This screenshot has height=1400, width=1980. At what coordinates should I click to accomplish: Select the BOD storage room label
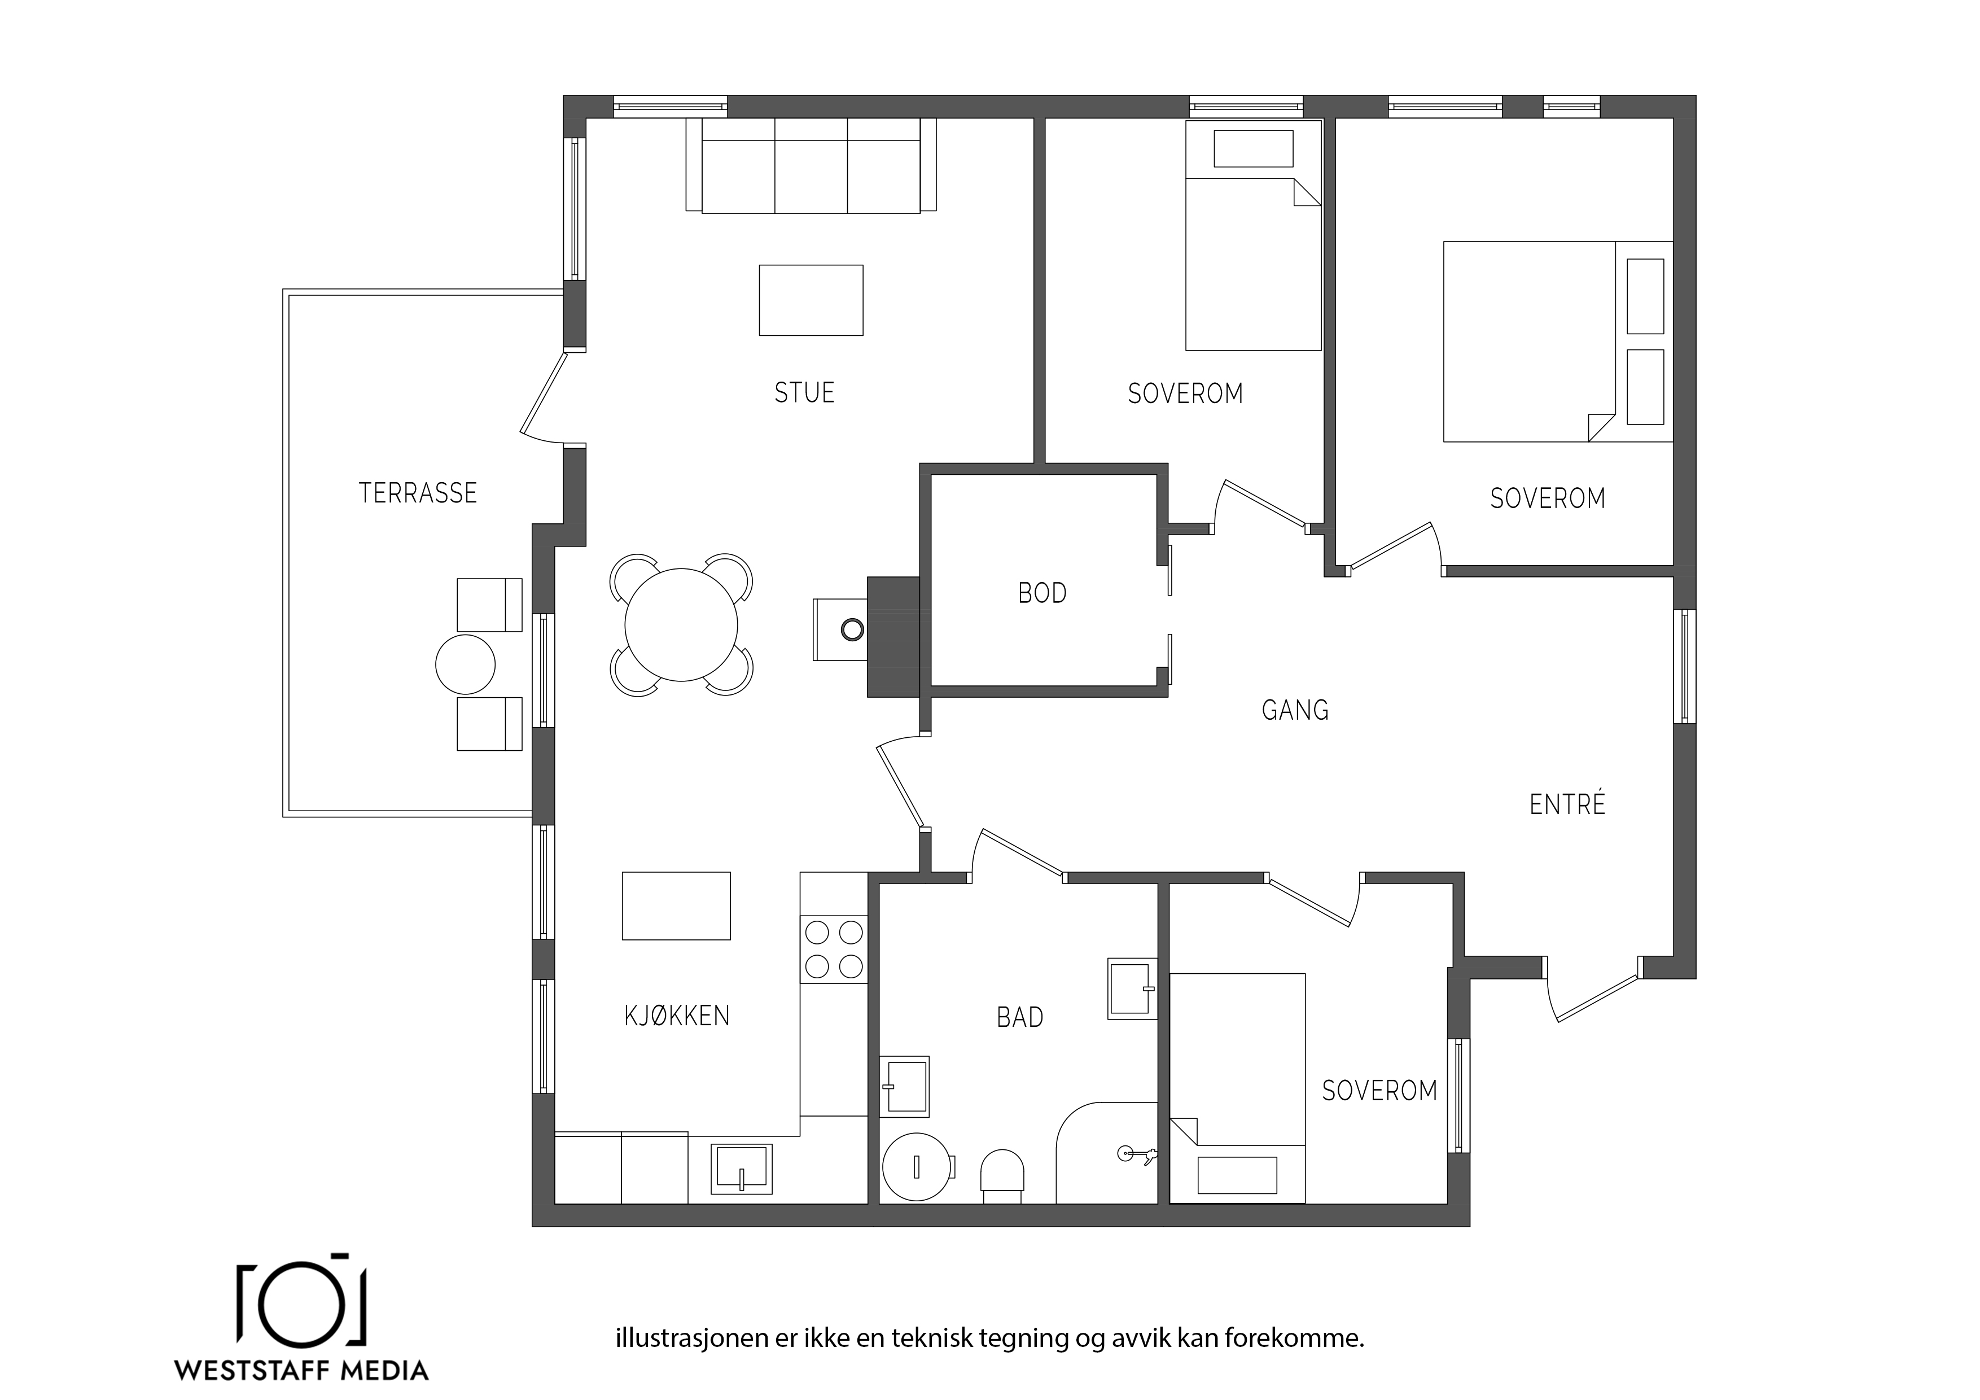point(1042,593)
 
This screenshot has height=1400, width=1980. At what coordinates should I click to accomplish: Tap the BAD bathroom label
point(1020,1018)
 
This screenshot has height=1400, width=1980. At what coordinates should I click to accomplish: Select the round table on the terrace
point(466,664)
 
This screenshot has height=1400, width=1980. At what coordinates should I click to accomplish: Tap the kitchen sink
point(741,1169)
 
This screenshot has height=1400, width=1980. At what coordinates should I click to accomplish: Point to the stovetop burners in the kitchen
point(834,950)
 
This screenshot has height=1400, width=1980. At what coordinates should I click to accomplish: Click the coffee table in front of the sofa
point(811,300)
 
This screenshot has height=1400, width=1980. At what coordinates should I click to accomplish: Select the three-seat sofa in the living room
point(811,165)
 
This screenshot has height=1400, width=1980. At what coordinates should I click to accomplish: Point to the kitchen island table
point(676,905)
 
